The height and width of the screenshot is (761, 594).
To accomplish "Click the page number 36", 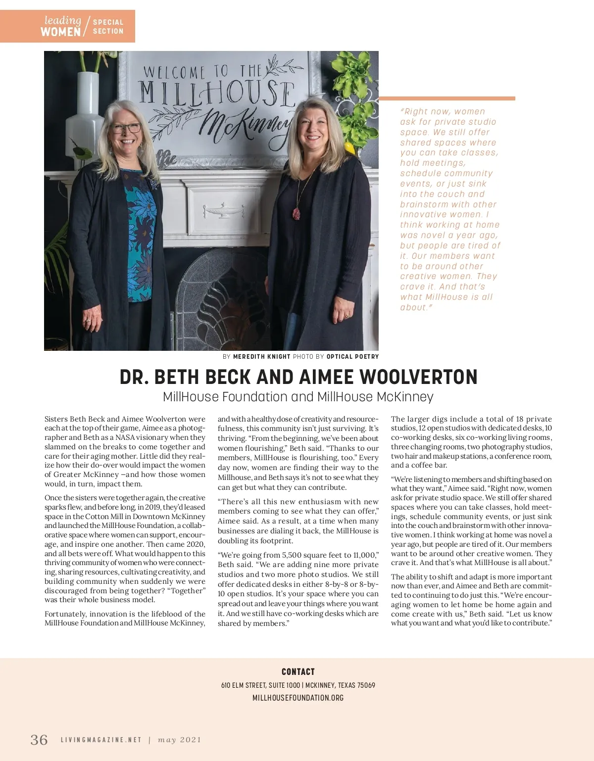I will [x=39, y=740].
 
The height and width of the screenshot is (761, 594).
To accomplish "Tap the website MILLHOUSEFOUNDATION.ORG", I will [x=298, y=698].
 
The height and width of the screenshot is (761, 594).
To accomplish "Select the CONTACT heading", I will [x=298, y=671].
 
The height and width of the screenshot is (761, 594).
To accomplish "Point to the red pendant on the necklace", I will [x=297, y=213].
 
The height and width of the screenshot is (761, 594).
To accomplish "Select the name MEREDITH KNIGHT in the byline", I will [x=262, y=356].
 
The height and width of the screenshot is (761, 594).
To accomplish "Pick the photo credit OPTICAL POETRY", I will [x=352, y=356].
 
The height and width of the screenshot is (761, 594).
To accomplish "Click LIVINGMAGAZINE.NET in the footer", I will [x=101, y=740].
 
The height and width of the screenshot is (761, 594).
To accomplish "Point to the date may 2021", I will [x=180, y=740].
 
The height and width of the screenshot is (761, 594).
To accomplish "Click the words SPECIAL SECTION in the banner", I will [x=108, y=26].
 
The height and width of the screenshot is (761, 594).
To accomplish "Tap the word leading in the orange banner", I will [x=62, y=20].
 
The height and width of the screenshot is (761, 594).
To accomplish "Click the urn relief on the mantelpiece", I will [x=224, y=210].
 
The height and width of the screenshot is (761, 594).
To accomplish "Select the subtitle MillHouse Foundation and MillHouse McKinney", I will [x=298, y=397].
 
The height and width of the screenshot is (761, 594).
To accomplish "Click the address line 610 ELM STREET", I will [x=298, y=685].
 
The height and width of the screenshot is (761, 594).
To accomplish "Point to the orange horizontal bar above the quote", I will [x=446, y=98].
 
